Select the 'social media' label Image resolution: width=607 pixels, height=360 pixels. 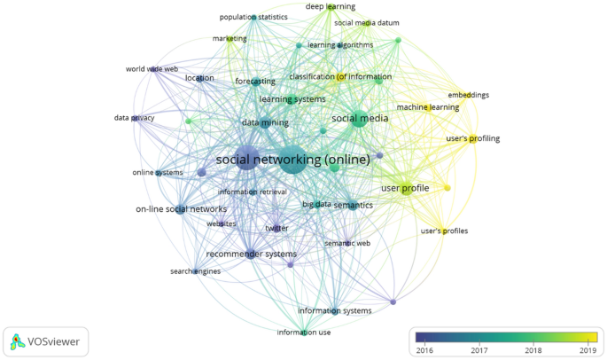coord(360,118)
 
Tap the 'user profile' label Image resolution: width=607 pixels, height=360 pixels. coord(405,188)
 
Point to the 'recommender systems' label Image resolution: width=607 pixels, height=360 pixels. coord(251,254)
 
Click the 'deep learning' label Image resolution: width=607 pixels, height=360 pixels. coord(328,6)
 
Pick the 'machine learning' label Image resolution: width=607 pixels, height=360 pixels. coord(428,107)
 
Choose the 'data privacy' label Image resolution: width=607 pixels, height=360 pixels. coord(135,118)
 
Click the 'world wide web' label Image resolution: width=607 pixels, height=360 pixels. coord(152,68)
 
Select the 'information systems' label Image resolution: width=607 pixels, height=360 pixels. coord(335,310)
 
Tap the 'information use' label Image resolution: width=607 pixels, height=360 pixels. coord(304,333)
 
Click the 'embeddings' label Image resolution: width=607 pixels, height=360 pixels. coord(469,95)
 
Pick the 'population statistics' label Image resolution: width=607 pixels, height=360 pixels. coord(253,17)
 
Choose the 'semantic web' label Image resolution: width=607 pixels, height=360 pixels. coord(347,243)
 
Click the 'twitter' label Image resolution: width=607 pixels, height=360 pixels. coord(277,229)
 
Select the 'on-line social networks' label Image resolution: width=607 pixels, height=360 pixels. coord(181,209)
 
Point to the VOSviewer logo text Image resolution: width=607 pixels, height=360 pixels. coord(54,340)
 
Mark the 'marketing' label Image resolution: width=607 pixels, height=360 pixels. coord(230,39)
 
